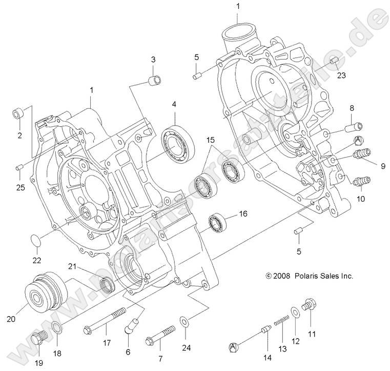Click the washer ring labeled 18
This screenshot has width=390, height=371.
[57, 328]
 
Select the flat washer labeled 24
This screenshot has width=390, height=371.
[183, 322]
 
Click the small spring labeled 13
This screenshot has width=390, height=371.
[280, 321]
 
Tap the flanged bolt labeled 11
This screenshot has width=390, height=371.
[309, 306]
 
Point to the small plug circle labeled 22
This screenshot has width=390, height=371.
[34, 240]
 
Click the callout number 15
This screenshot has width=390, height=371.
[211, 140]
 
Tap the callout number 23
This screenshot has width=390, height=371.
[341, 75]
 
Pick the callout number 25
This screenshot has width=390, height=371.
[20, 188]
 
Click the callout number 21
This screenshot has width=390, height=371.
[73, 265]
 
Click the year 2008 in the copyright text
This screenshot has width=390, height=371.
[282, 276]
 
